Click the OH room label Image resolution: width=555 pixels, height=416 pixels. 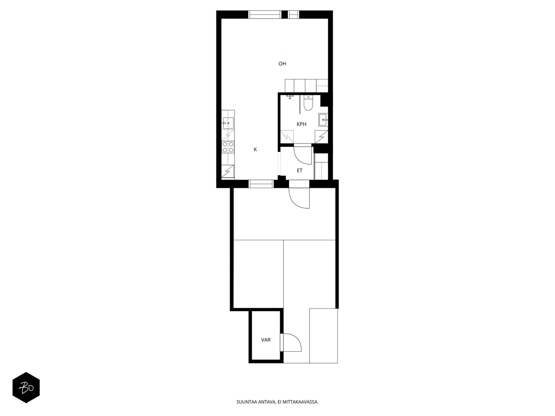(x=282, y=64)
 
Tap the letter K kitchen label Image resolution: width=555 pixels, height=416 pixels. (x=255, y=149)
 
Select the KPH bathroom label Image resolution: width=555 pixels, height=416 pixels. (x=301, y=124)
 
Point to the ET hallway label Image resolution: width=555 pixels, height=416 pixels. (x=300, y=171)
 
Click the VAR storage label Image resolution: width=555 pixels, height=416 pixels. (x=266, y=340)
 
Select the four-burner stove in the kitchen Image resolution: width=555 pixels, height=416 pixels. (x=228, y=147)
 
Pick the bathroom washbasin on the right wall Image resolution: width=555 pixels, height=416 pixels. (x=323, y=120)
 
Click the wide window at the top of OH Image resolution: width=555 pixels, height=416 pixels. (x=265, y=15)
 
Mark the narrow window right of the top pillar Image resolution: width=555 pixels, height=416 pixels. (x=293, y=15)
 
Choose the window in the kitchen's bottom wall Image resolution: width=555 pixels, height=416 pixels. (x=261, y=184)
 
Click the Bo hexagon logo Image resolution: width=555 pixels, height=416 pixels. (x=26, y=388)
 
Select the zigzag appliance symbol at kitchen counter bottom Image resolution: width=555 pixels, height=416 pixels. (x=228, y=172)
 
